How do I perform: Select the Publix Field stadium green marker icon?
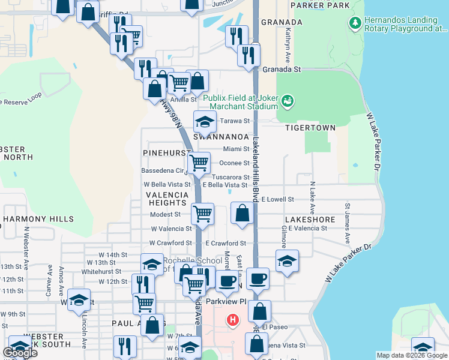coord(288,100)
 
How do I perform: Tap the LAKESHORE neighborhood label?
coord(310,220)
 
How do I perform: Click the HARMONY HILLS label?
coord(38,220)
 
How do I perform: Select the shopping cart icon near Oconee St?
coord(199,162)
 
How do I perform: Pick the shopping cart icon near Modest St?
coord(203,213)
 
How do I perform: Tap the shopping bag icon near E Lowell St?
coord(242,213)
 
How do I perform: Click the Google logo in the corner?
coord(20,353)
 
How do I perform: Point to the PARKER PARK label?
coord(320,5)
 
